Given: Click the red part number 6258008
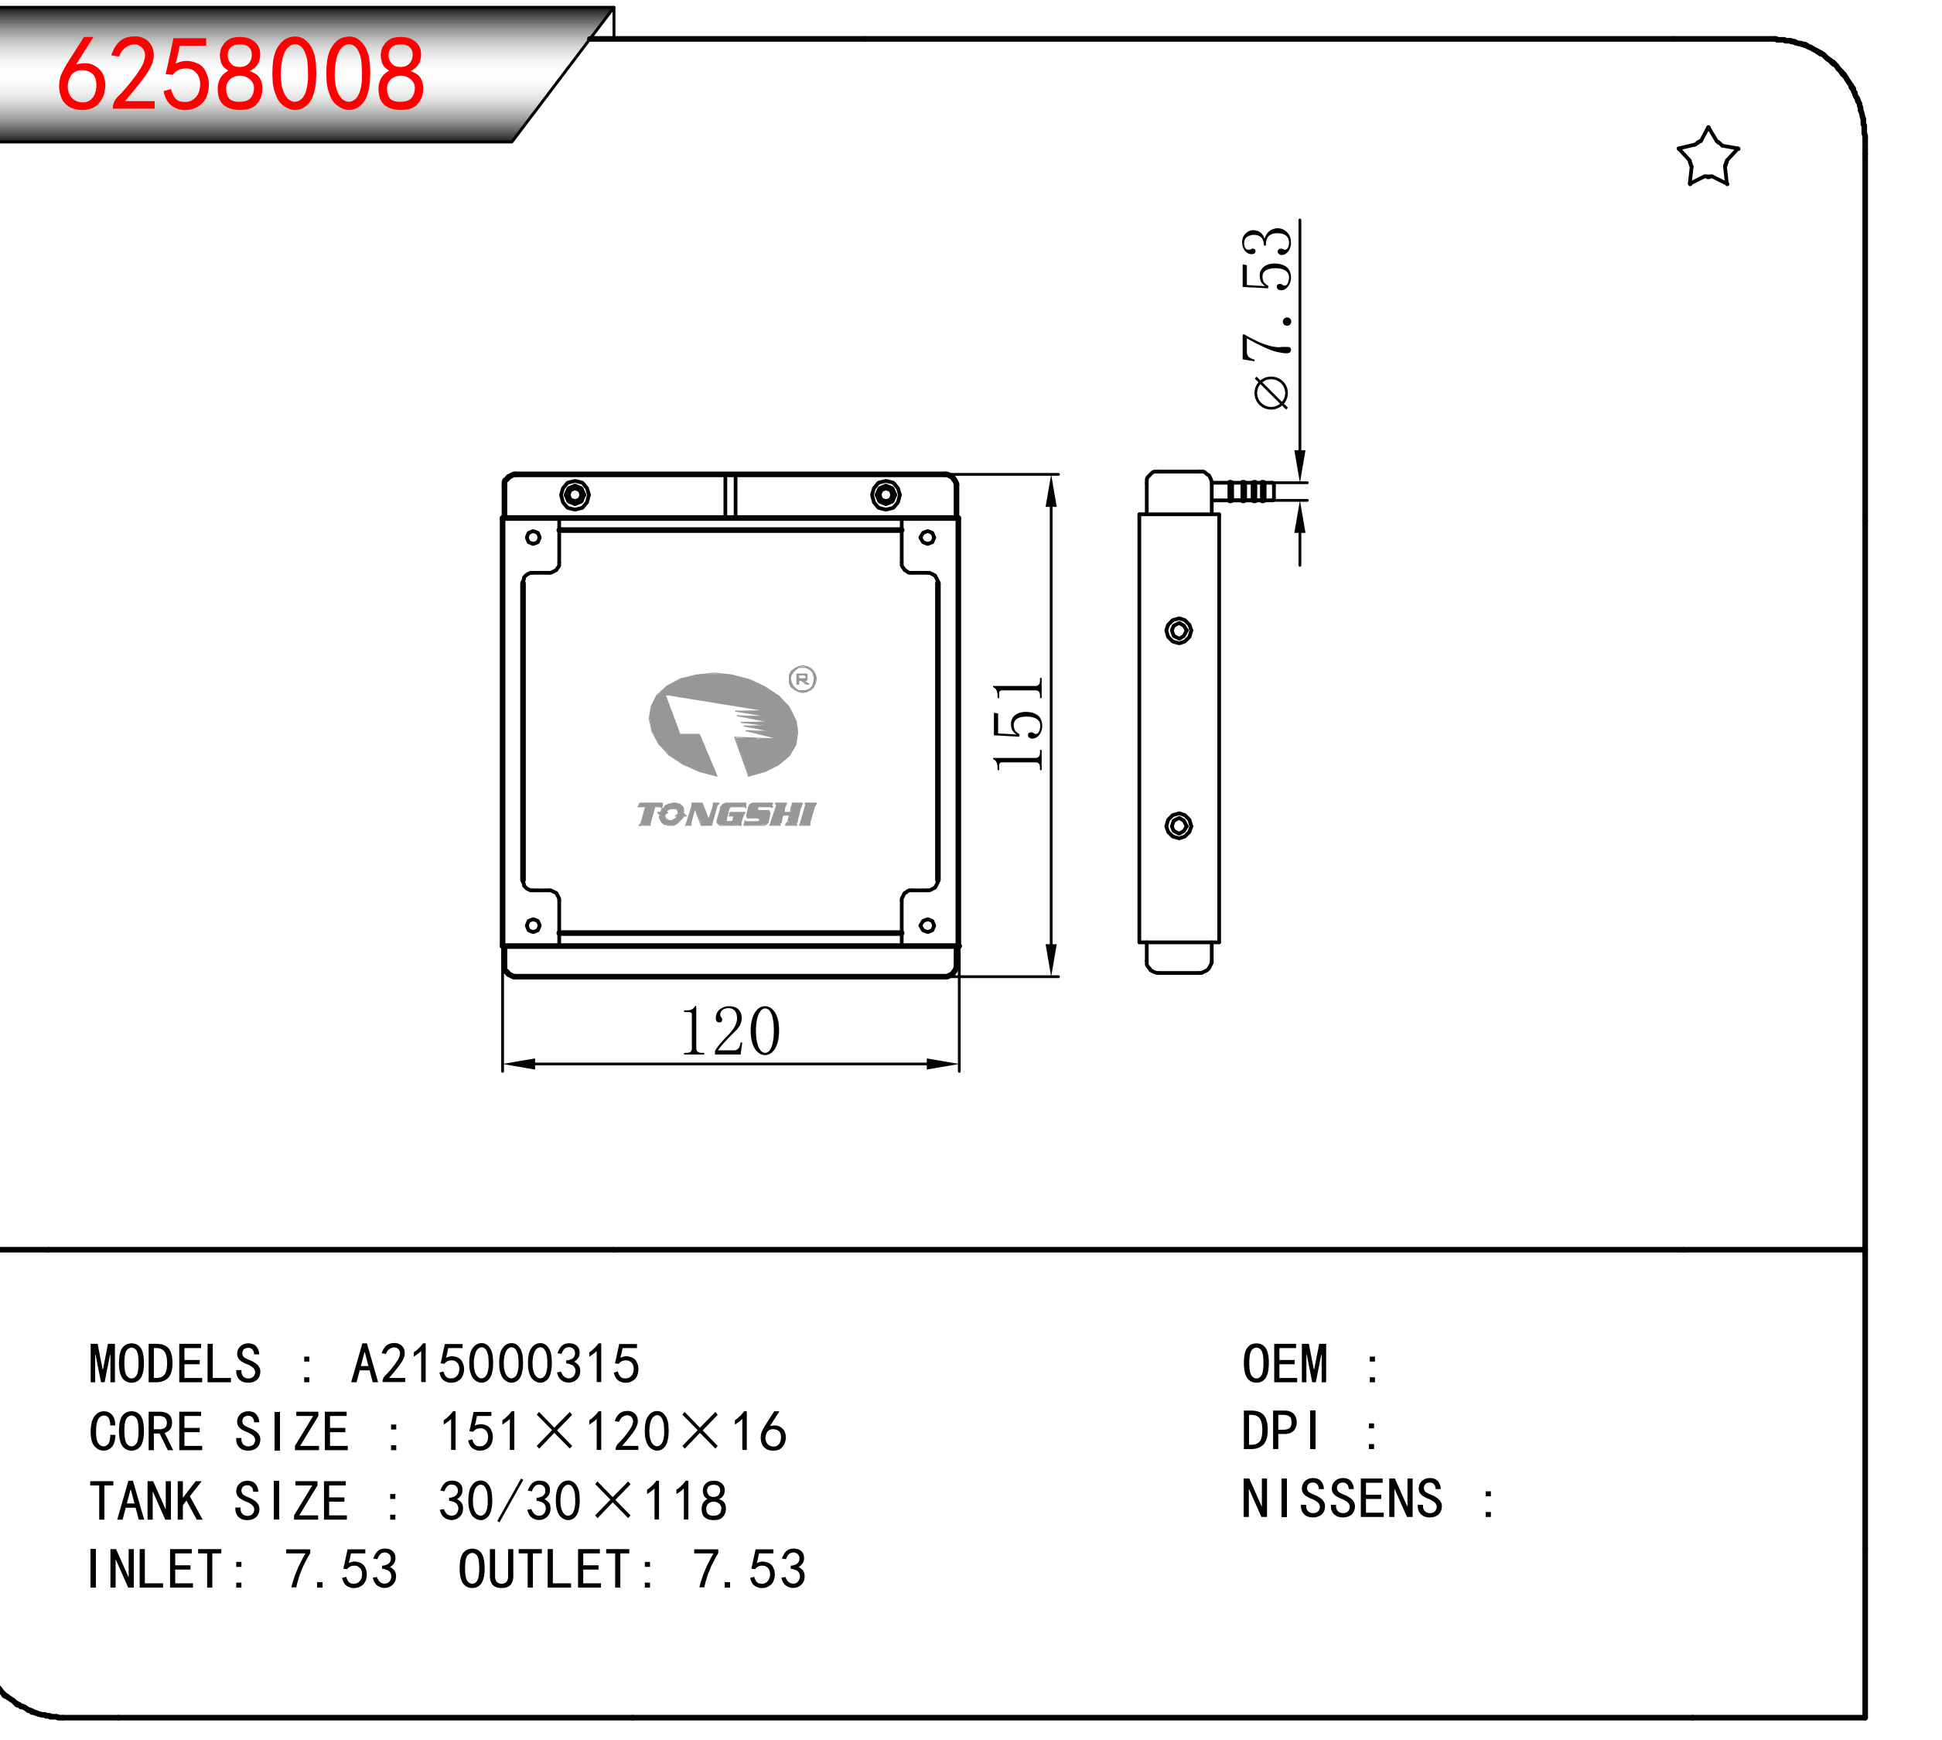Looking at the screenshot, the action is (x=241, y=74).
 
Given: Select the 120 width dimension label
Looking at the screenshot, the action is (x=730, y=1031).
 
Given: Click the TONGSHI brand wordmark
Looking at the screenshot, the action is (x=725, y=814).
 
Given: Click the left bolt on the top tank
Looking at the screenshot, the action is (x=575, y=494).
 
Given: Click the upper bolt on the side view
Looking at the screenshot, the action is (x=1179, y=631).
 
